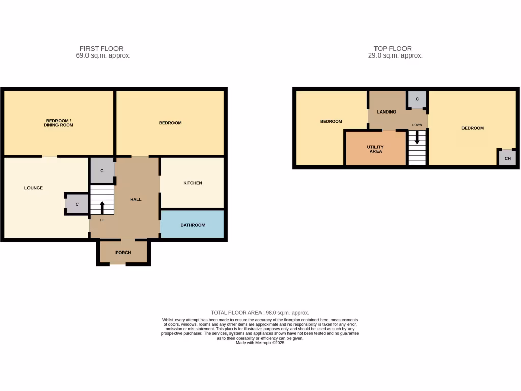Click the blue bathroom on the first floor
click(192, 225)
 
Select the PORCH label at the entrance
click(123, 253)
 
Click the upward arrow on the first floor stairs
click(102, 207)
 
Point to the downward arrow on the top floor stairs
click(417, 137)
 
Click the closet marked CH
click(507, 158)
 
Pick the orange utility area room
click(375, 148)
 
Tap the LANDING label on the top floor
click(386, 111)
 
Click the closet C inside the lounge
click(77, 204)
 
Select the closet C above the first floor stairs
click(102, 171)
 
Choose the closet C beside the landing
click(417, 99)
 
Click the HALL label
click(136, 199)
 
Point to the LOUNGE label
click(34, 188)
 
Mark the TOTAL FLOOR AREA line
click(260, 313)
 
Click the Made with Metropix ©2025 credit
click(260, 343)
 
